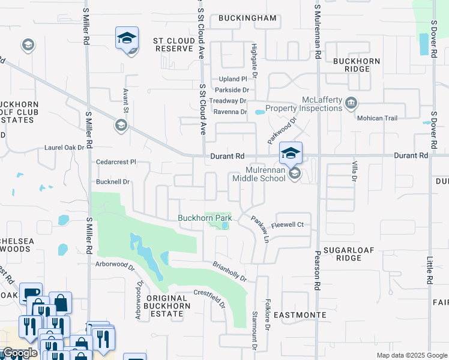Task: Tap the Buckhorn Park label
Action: coord(205,218)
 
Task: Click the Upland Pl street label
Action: coord(234,79)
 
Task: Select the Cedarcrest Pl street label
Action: coord(116,162)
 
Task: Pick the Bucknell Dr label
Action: coord(113,181)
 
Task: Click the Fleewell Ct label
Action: coord(288,225)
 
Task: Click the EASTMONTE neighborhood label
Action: coord(300,314)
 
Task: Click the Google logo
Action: coord(19,353)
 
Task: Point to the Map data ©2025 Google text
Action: coord(411,355)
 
